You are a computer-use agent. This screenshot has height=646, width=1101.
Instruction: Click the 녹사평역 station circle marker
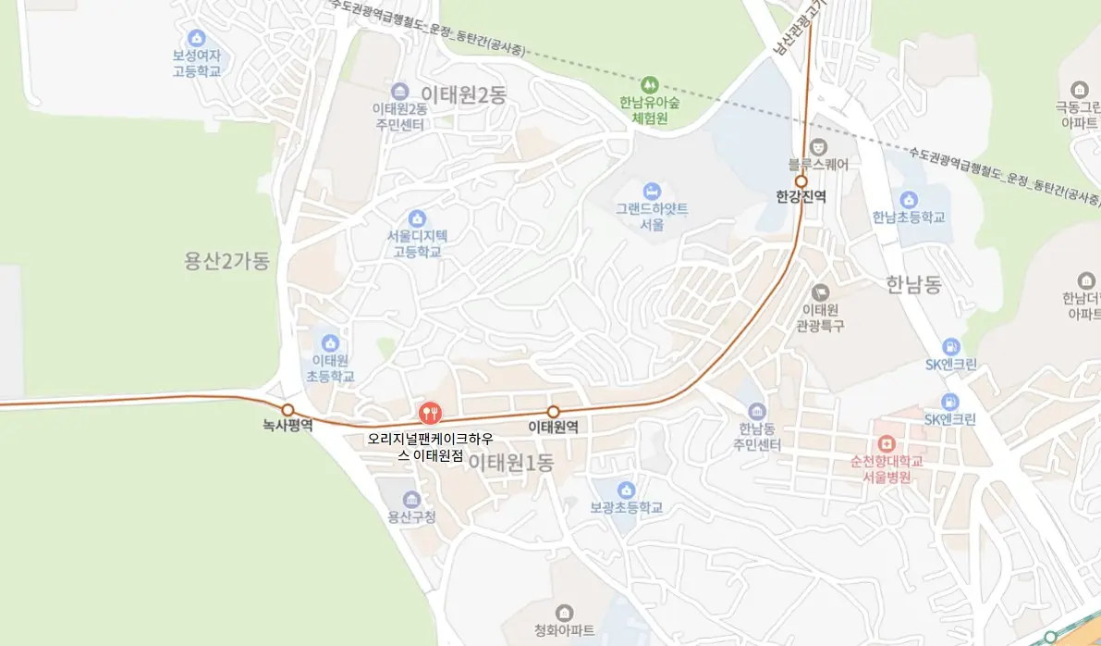(x=287, y=409)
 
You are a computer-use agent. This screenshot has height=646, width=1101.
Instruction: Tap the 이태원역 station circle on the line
(x=554, y=412)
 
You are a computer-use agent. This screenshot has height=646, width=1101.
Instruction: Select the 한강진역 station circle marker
(x=801, y=181)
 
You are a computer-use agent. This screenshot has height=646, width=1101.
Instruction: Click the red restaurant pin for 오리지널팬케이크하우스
(x=430, y=413)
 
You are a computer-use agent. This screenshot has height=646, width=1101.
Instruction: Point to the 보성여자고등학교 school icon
(x=196, y=38)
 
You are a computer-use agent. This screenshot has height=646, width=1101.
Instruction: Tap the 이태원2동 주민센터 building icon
(x=399, y=91)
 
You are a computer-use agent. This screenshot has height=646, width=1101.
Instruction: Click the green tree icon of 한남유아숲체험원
(x=650, y=84)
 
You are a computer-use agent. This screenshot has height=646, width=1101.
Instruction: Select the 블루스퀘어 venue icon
(x=818, y=147)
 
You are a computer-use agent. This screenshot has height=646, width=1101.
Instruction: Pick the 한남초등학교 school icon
(x=909, y=200)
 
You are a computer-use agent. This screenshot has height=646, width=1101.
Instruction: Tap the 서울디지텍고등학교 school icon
(x=416, y=218)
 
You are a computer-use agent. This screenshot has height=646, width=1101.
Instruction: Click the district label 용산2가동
(x=226, y=262)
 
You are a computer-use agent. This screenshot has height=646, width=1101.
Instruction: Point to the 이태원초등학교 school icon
(x=330, y=342)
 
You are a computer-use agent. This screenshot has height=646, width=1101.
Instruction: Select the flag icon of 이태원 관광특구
(x=820, y=292)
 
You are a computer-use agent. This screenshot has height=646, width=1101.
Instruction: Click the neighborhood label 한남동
(x=912, y=285)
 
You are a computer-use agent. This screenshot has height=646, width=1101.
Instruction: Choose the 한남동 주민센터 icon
(x=758, y=412)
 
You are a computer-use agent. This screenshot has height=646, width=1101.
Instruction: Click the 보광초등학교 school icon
(x=626, y=490)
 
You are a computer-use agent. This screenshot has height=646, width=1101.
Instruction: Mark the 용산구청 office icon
(x=411, y=500)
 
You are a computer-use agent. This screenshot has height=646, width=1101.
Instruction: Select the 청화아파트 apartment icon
(x=565, y=613)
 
